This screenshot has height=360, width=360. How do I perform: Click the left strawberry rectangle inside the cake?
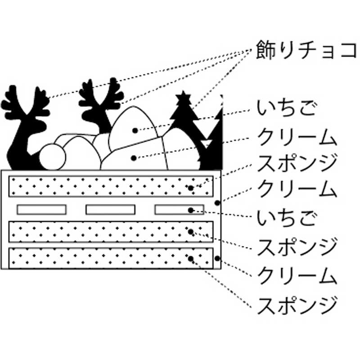coord(42,209)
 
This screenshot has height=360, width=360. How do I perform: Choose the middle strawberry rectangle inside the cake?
coord(110,209)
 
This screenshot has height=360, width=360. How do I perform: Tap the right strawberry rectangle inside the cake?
coord(179,209)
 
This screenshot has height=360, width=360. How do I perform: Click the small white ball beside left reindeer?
coord(52,157)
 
